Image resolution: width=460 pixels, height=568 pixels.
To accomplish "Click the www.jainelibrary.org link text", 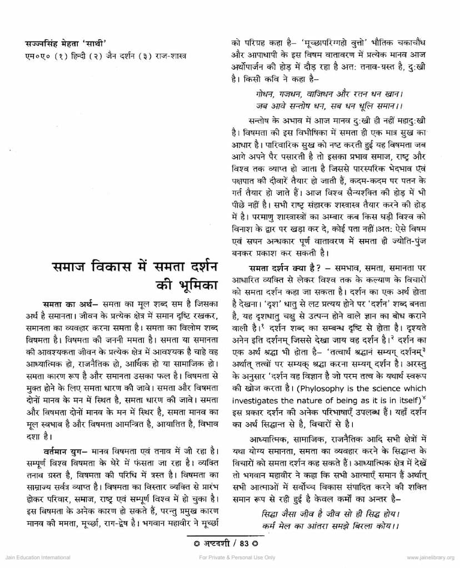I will [431, 557].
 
